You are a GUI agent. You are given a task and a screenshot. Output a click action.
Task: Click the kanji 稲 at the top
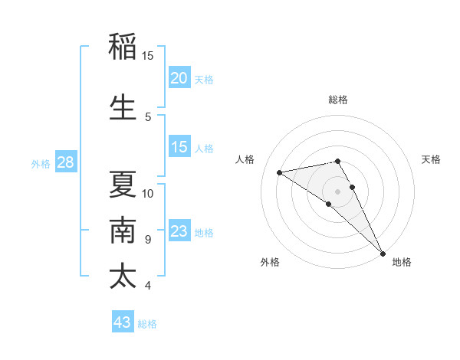[x=123, y=47]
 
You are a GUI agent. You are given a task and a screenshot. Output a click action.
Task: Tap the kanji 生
[x=123, y=108]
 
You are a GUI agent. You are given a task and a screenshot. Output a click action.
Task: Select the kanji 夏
[x=123, y=185]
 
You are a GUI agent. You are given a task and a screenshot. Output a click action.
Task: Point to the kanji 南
[x=123, y=230]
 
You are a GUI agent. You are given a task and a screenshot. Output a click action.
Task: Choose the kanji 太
[x=123, y=276]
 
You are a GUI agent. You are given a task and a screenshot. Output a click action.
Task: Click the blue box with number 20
[x=179, y=78]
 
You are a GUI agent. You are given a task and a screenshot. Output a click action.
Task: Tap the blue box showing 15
[x=179, y=147]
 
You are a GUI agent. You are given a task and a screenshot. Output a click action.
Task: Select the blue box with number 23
[x=179, y=231]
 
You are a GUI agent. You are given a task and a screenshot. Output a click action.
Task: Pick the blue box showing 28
[x=65, y=162]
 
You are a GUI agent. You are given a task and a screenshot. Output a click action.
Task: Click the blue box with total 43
[x=123, y=322]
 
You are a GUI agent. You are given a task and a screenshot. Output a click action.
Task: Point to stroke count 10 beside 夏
[x=148, y=193]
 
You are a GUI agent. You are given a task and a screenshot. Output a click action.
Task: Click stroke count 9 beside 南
[x=148, y=239]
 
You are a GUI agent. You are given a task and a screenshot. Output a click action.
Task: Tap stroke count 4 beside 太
[x=148, y=286]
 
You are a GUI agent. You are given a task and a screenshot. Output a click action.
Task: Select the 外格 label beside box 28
[x=41, y=163]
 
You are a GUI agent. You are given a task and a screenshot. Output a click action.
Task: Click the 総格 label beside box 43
[x=147, y=324]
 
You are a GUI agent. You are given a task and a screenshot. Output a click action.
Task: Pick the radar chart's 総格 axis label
[x=337, y=100]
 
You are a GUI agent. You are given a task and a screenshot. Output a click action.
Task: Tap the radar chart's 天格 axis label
[x=431, y=159]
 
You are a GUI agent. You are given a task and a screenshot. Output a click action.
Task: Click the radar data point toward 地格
[x=383, y=254]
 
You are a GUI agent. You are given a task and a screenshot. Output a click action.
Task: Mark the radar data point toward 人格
[x=280, y=172]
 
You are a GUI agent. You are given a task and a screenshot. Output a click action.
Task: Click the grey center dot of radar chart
[x=337, y=191]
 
